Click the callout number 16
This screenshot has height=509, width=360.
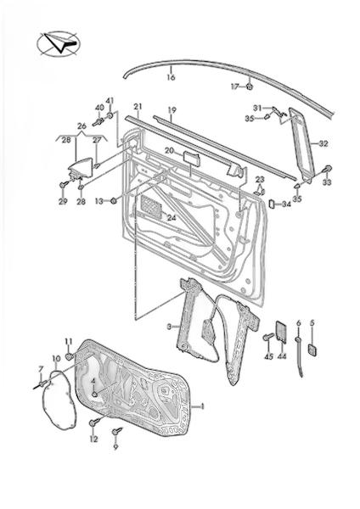[171, 77]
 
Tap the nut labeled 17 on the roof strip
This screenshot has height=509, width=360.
[250, 87]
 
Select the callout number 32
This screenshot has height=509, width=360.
[323, 143]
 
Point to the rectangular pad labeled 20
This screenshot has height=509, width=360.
[192, 157]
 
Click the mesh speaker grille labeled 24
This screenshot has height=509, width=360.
[152, 206]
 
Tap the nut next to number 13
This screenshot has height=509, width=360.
[114, 201]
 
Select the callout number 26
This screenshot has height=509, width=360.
[82, 126]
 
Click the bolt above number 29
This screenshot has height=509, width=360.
[63, 185]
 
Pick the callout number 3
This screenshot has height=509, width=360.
[169, 327]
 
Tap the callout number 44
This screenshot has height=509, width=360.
[282, 356]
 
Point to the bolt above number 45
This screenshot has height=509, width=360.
[267, 338]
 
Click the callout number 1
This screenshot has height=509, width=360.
[202, 406]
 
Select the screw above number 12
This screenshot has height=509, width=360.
[94, 422]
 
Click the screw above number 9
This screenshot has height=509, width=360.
[116, 431]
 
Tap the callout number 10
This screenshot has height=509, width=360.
[56, 359]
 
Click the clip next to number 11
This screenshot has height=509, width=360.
[70, 357]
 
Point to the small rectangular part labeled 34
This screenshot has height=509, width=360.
[272, 204]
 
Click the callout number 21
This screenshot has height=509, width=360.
[138, 107]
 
